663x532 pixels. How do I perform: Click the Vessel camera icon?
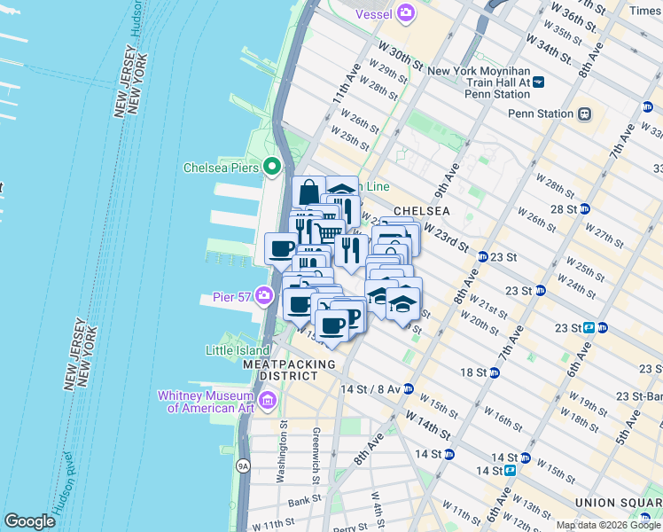click(x=406, y=12)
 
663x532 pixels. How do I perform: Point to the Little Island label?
click(x=238, y=350)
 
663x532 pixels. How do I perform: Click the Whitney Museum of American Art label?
click(x=206, y=402)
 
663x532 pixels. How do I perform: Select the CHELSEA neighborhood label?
click(x=422, y=211)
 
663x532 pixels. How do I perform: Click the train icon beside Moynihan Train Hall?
click(x=538, y=82)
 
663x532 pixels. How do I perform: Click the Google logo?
click(x=29, y=521)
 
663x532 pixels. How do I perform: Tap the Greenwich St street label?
click(x=316, y=456)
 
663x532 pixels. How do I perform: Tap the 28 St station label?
click(x=564, y=209)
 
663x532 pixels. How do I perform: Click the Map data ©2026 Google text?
click(x=609, y=525)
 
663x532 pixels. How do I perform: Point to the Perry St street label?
click(x=344, y=528)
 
